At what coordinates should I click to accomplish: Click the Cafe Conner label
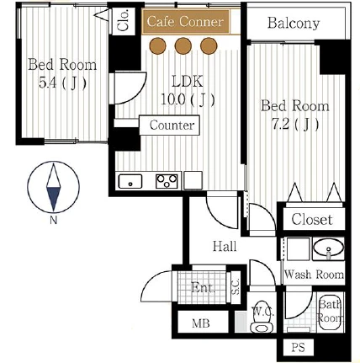click(x=185, y=22)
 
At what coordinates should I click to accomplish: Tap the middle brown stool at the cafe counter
click(x=183, y=45)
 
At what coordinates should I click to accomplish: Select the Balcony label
click(x=294, y=23)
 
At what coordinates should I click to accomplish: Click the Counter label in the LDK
click(x=172, y=125)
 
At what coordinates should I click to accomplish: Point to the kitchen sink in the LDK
click(x=130, y=181)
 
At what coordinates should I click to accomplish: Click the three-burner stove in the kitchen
click(x=167, y=181)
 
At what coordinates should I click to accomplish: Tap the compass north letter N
click(x=53, y=221)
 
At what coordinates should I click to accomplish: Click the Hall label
click(x=225, y=246)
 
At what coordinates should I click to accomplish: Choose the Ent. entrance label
click(x=204, y=287)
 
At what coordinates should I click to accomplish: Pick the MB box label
click(x=201, y=323)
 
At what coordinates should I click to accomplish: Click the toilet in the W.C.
click(x=262, y=323)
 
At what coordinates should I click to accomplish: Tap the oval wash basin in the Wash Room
click(x=328, y=248)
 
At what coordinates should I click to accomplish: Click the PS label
click(x=298, y=348)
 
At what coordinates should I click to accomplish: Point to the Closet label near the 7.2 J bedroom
click(x=312, y=219)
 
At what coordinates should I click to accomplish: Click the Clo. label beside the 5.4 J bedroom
click(x=124, y=20)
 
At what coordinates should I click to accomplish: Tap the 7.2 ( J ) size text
click(x=295, y=124)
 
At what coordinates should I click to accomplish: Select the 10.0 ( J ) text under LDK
click(x=188, y=99)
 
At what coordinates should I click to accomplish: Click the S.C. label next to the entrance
click(x=236, y=287)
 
